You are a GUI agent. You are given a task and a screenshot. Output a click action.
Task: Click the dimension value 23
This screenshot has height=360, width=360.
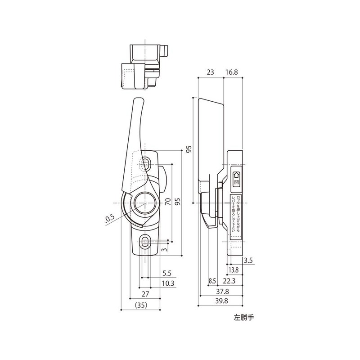click(x=210, y=72)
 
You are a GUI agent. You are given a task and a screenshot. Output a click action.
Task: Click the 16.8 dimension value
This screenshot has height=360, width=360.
click(x=233, y=72)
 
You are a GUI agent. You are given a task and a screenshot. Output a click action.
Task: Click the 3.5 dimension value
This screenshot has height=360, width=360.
click(x=248, y=261)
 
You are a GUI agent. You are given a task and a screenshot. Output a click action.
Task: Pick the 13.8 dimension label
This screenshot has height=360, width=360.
click(x=233, y=270)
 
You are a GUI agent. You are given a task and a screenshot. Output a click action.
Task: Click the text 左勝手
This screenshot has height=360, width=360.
click(x=244, y=316)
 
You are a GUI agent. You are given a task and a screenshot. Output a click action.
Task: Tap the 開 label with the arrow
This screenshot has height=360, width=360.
click(x=237, y=179)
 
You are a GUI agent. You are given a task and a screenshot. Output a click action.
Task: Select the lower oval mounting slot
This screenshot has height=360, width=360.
click(x=145, y=242)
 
